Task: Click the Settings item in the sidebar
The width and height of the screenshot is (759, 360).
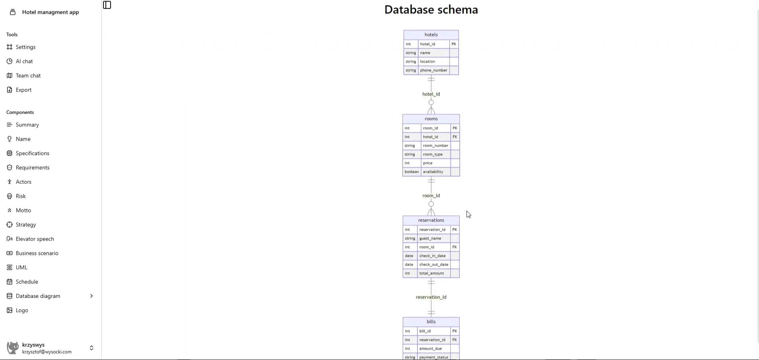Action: [25, 47]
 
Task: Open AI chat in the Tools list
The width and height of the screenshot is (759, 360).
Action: [24, 61]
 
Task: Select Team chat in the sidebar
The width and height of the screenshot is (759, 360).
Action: [28, 76]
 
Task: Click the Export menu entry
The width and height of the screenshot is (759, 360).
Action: [23, 90]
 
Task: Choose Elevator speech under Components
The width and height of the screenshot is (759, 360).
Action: [34, 239]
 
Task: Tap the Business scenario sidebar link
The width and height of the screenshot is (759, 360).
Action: [37, 253]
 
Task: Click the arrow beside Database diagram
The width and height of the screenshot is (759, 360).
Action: [92, 296]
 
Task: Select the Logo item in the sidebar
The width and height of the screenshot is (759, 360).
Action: [22, 310]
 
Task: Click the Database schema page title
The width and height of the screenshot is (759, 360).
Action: [431, 10]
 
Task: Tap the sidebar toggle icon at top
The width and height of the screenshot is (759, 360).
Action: [107, 5]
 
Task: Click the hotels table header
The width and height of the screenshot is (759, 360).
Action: [431, 35]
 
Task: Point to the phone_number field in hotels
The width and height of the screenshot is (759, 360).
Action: [433, 71]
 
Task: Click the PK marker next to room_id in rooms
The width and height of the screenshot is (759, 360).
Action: [455, 128]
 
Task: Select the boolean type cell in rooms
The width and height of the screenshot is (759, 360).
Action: [411, 172]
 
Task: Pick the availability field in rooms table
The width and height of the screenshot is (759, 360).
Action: [433, 172]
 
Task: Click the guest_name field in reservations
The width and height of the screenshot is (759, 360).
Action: [430, 239]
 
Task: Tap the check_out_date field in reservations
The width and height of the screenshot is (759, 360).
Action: [434, 265]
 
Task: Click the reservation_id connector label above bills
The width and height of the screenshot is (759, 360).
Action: [431, 297]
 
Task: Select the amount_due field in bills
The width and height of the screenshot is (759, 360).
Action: [430, 349]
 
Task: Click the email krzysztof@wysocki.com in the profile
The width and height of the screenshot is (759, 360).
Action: [47, 352]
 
